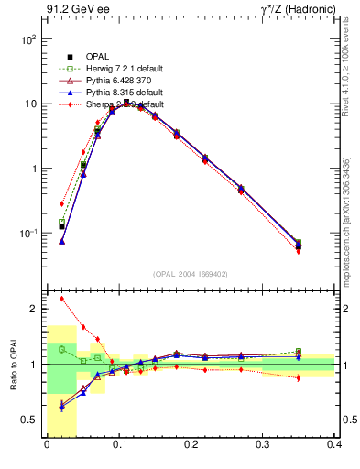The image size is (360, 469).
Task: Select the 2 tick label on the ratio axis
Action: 34,310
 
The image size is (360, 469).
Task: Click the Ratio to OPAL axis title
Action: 12,365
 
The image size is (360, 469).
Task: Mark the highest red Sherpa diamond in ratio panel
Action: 62,299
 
